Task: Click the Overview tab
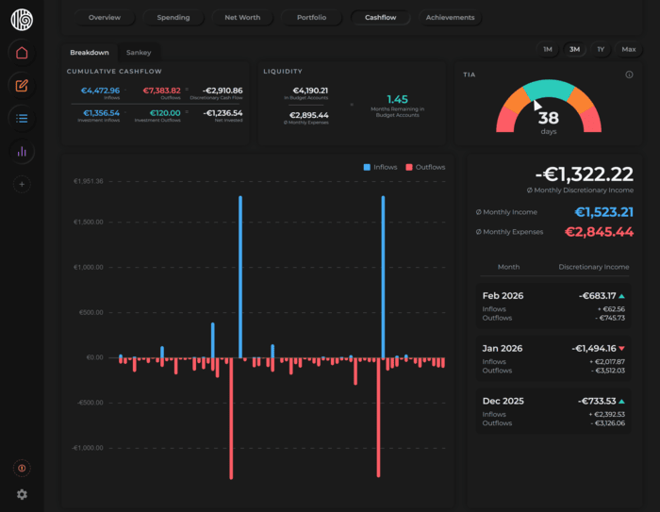point(105,18)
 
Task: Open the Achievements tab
point(450,18)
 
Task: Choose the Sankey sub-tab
point(139,53)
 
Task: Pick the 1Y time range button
point(601,49)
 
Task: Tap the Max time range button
point(628,49)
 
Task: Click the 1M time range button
point(547,49)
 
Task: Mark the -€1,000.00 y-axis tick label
point(86,448)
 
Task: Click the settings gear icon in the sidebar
point(22,494)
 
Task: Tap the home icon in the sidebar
point(22,53)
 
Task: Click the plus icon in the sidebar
point(22,185)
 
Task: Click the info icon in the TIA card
point(629,74)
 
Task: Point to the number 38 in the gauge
point(548,118)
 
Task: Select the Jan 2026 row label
point(503,348)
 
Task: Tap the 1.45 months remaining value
point(397,98)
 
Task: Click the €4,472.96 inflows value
point(100,91)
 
